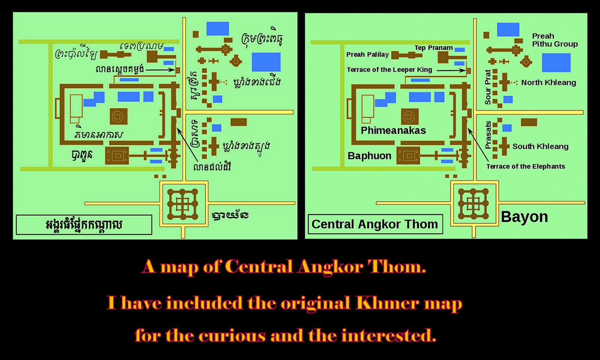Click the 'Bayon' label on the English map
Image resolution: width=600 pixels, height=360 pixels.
coord(524,217)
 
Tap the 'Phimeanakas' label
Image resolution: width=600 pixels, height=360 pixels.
coord(393,130)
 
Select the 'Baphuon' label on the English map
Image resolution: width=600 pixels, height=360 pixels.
coord(369,156)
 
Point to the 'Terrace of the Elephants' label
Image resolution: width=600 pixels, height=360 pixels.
coord(525,166)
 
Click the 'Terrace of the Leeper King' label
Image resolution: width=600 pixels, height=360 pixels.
coord(389,70)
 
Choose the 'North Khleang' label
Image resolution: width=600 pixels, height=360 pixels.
coord(548,82)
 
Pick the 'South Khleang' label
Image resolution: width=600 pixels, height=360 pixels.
coord(540,147)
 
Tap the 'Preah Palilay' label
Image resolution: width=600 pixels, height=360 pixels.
coord(367,55)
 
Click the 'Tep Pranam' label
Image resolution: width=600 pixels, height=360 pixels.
coord(433,48)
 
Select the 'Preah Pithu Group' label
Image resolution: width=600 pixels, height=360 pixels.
coord(555,40)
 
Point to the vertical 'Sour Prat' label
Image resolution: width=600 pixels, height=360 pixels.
coord(488,87)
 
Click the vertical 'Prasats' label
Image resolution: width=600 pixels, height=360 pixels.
coord(488,135)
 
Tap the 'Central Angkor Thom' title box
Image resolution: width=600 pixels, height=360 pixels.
coord(375,224)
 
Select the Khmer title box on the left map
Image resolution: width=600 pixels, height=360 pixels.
coord(84,225)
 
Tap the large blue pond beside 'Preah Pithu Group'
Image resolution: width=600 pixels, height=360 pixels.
coord(556,63)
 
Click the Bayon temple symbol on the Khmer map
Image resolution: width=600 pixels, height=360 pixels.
coord(183,204)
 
